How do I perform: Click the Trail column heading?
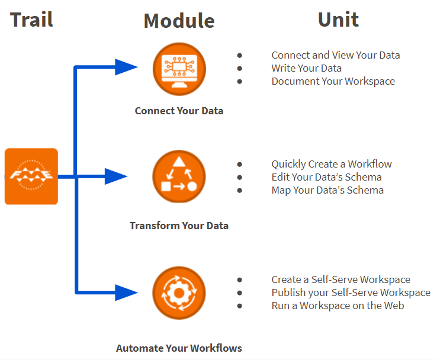point(31,20)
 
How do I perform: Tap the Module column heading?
point(179,21)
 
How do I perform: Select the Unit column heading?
point(338,20)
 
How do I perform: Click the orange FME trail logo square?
point(31,176)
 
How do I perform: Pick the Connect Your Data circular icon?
point(179,69)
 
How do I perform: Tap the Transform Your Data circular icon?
point(179,177)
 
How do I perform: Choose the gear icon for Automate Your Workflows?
point(179,293)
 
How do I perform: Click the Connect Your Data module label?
point(179,111)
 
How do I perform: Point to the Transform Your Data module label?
point(179,226)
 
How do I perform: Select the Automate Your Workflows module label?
point(179,348)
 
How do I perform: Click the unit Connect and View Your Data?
point(336,55)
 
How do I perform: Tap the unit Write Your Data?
point(306,68)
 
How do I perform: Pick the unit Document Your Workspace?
point(333,81)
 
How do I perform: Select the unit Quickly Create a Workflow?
point(332,164)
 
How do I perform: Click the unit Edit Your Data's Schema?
point(326,177)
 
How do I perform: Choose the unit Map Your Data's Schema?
point(327,190)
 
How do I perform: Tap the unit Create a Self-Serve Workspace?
point(340,279)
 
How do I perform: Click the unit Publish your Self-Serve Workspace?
point(351,292)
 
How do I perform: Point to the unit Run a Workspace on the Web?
point(338,306)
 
